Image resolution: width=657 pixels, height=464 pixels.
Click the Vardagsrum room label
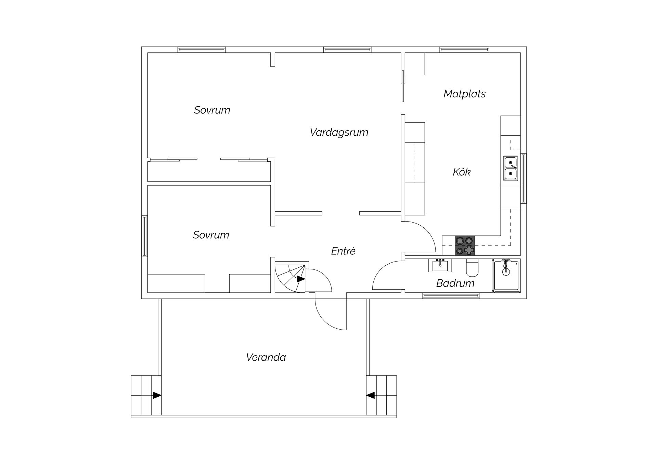coord(339,132)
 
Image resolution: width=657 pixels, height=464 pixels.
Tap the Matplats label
coord(464,94)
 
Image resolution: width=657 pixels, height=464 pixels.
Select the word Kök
coord(461,172)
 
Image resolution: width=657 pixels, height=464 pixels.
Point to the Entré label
coord(343,251)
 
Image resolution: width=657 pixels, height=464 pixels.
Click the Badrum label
coord(455,283)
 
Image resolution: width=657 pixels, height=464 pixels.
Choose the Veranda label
coord(266,357)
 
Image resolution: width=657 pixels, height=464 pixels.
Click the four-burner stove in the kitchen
coord(465,246)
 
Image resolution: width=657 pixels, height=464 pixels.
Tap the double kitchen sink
coord(511,168)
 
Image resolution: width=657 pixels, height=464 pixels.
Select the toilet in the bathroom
coord(472,268)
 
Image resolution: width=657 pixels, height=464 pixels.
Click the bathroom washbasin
coord(440,265)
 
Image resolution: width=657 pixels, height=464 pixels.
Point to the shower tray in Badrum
coord(506,276)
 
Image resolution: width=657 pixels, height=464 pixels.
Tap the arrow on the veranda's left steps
coord(157,395)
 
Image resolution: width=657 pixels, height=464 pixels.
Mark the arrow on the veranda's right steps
coord(371,395)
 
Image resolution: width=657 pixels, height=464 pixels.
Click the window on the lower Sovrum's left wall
coord(145,236)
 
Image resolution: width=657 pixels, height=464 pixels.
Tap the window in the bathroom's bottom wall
coord(451,295)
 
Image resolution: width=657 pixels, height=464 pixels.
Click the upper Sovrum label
coord(212,110)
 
